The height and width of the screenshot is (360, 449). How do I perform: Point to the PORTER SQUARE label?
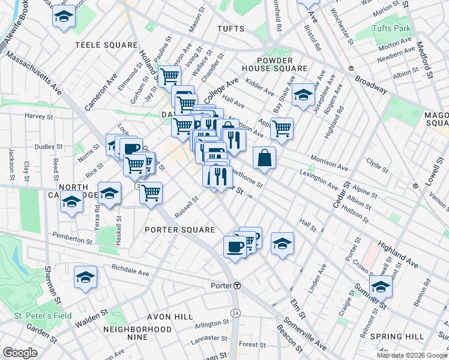point(179,230)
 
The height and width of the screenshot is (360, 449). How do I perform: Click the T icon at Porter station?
point(238,286)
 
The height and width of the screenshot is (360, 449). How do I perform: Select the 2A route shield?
point(236,313)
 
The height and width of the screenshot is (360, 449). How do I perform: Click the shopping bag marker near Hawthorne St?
point(264,158)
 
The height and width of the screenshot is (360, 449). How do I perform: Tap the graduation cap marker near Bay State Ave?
point(304,94)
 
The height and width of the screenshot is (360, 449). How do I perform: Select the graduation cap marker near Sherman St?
point(86,277)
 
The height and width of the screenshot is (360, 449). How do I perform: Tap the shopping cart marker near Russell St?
point(151,193)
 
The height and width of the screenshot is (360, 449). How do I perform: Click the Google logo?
point(20,352)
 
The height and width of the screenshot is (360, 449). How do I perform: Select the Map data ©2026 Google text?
point(411,355)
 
